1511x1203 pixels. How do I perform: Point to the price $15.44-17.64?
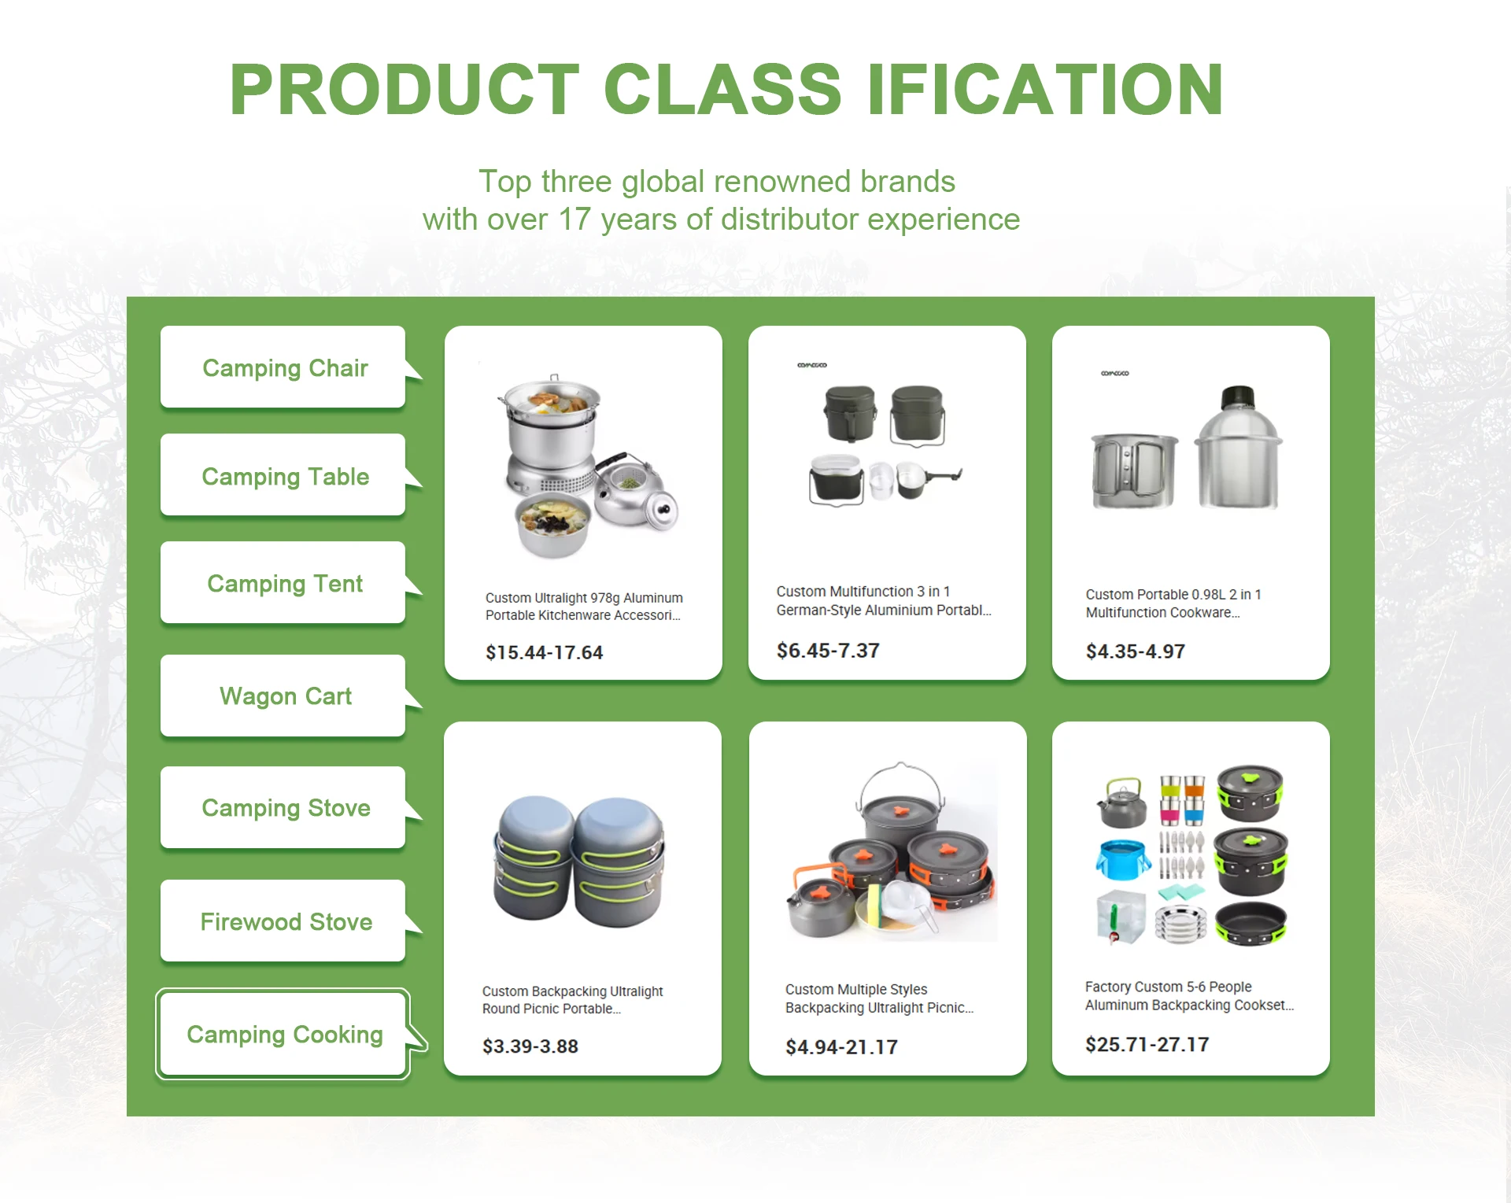click(x=544, y=652)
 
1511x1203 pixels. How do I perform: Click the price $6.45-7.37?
click(x=828, y=651)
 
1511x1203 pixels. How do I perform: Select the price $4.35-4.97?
click(x=1135, y=651)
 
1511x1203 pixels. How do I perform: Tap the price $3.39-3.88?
click(x=530, y=1046)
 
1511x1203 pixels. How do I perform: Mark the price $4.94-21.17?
click(x=841, y=1047)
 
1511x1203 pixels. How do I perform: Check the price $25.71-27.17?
click(x=1147, y=1044)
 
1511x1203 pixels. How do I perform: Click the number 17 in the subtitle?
click(x=574, y=220)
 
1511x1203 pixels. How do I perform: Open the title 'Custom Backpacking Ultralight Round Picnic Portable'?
click(x=572, y=1000)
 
